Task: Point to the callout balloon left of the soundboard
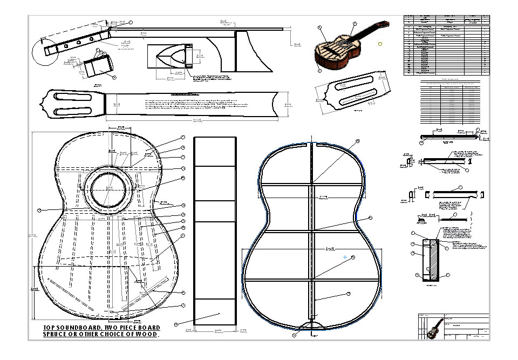(39, 209)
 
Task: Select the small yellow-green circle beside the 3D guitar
(380, 43)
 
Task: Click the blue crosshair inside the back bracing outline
(345, 257)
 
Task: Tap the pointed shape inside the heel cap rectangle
(171, 56)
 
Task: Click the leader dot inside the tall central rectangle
(220, 314)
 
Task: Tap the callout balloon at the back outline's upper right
(357, 141)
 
